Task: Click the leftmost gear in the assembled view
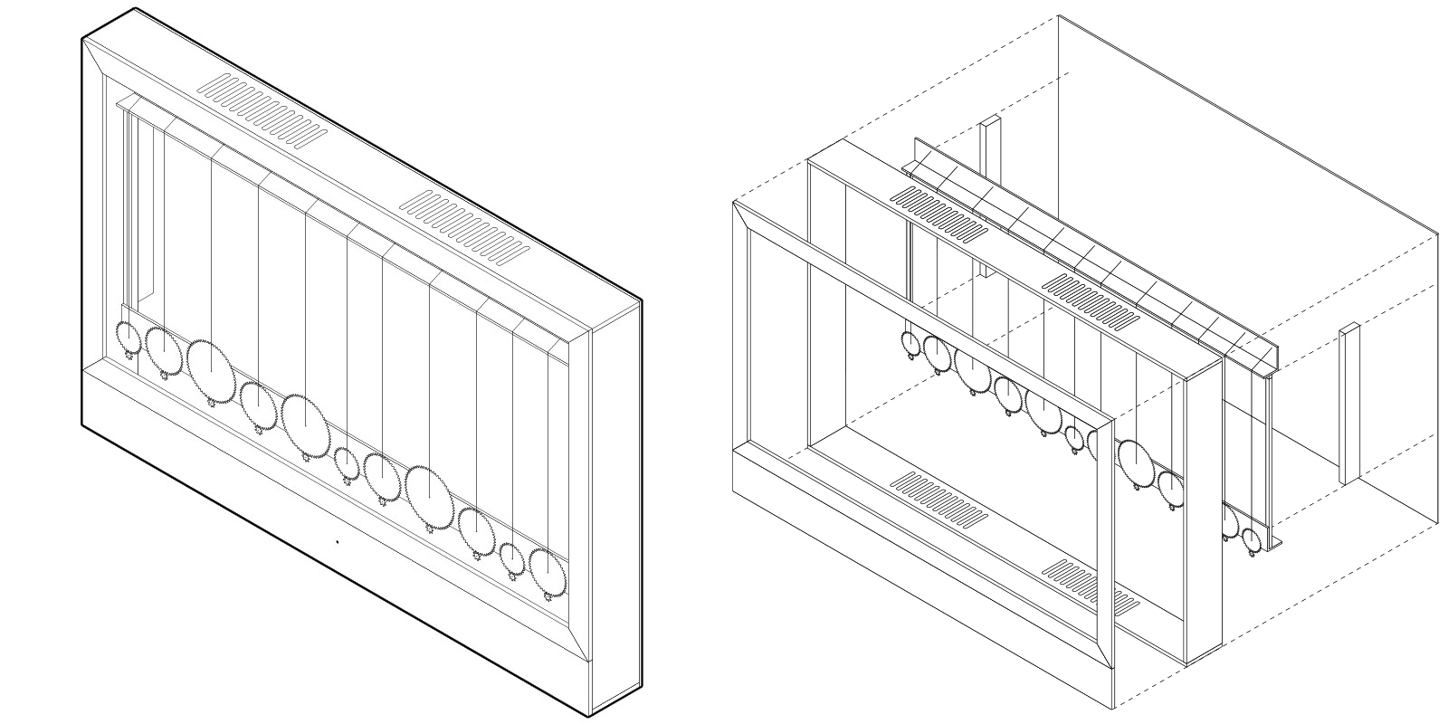point(129,338)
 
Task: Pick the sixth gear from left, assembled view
point(346,462)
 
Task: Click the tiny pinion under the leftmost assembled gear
point(130,357)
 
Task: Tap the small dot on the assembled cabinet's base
point(337,542)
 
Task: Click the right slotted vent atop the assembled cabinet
point(463,227)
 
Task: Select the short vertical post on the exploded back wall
point(1348,403)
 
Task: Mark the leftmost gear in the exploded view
point(910,342)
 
